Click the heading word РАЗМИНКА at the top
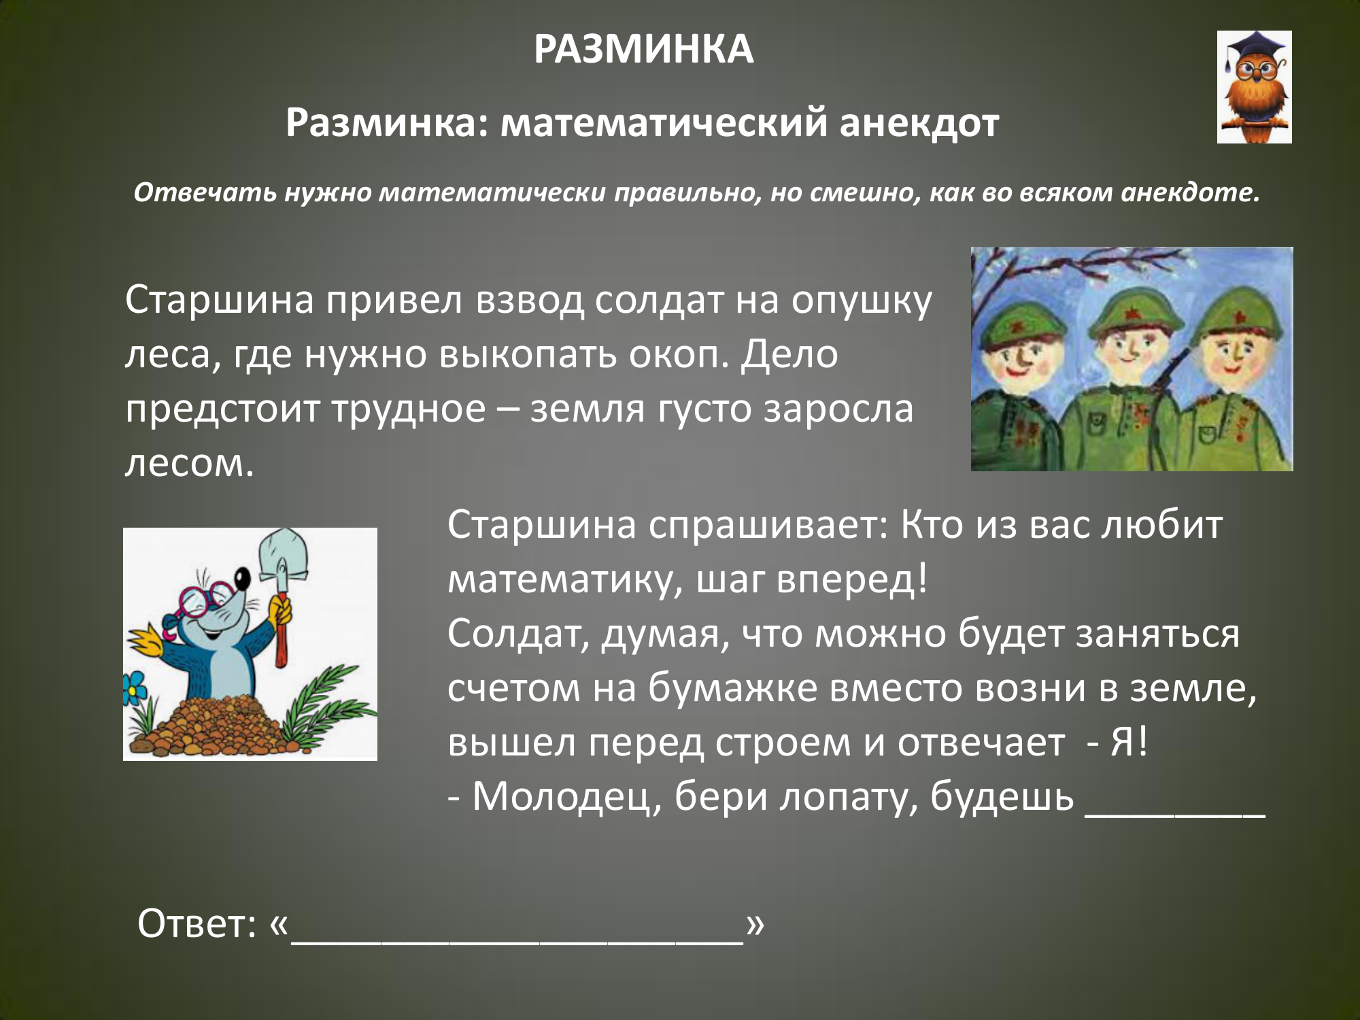point(643,50)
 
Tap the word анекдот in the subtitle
point(919,123)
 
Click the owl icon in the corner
point(1254,87)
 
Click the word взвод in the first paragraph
point(530,300)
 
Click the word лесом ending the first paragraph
point(189,464)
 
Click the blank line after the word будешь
point(1175,815)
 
